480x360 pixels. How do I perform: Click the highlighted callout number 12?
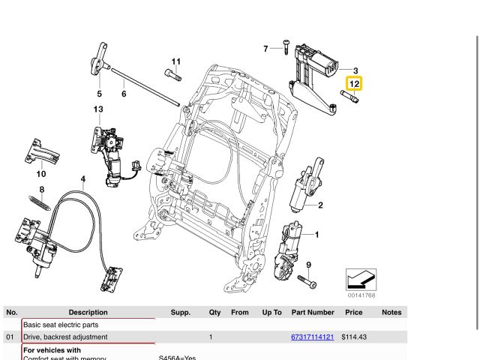pyautogui.click(x=353, y=84)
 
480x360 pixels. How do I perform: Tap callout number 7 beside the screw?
pyautogui.click(x=265, y=49)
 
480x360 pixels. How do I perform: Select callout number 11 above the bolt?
pyautogui.click(x=175, y=61)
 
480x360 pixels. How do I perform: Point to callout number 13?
pyautogui.click(x=98, y=109)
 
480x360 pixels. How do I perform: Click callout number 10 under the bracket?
pyautogui.click(x=40, y=173)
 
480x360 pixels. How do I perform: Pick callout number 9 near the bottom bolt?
pyautogui.click(x=308, y=265)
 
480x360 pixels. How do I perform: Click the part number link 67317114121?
pyautogui.click(x=312, y=337)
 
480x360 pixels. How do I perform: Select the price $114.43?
pyautogui.click(x=353, y=337)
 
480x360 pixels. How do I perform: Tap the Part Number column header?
pyautogui.click(x=313, y=312)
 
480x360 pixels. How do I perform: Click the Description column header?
pyautogui.click(x=88, y=312)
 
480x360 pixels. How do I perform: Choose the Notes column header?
pyautogui.click(x=391, y=312)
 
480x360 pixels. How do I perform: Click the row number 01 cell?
pyautogui.click(x=10, y=337)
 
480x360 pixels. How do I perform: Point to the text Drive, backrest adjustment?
pyautogui.click(x=65, y=337)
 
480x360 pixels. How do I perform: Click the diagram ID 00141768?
pyautogui.click(x=361, y=295)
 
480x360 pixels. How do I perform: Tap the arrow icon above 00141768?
pyautogui.click(x=361, y=280)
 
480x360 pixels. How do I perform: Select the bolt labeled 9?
pyautogui.click(x=307, y=281)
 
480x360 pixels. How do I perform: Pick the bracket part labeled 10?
pyautogui.click(x=42, y=152)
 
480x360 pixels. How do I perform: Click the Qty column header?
pyautogui.click(x=214, y=312)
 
